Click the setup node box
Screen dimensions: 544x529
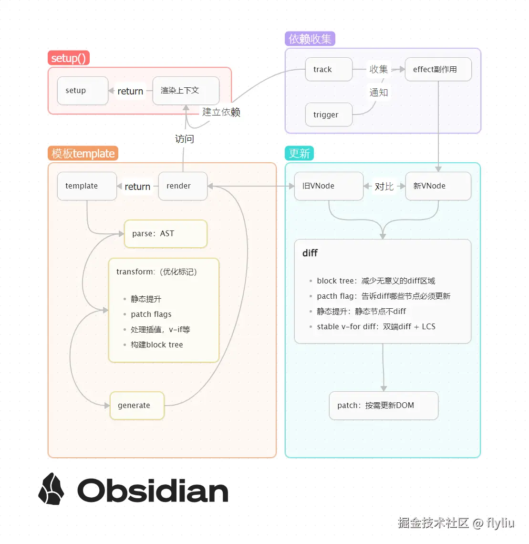coord(83,91)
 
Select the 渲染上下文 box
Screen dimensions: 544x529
coord(186,91)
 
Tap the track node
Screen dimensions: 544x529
coord(329,70)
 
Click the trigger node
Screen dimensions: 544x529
coord(329,115)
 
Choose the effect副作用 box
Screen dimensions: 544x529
coord(438,70)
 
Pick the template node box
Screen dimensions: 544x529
coord(87,186)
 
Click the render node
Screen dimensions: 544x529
coord(183,186)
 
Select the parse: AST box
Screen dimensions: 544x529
coord(166,234)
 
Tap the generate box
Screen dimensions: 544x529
coord(137,406)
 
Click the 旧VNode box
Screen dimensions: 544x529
coord(329,186)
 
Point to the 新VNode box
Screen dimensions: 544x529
coord(438,186)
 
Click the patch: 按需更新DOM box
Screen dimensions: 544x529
coord(384,406)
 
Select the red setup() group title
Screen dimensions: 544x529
coord(69,58)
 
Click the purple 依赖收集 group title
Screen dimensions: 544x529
coord(310,39)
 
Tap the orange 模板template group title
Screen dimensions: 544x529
coord(83,154)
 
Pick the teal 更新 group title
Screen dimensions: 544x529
coord(300,154)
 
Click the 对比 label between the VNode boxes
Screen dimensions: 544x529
coord(384,187)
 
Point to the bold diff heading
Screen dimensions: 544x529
coord(310,253)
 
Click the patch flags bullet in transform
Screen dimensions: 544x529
coord(151,314)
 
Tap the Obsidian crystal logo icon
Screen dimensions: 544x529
coord(51,489)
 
